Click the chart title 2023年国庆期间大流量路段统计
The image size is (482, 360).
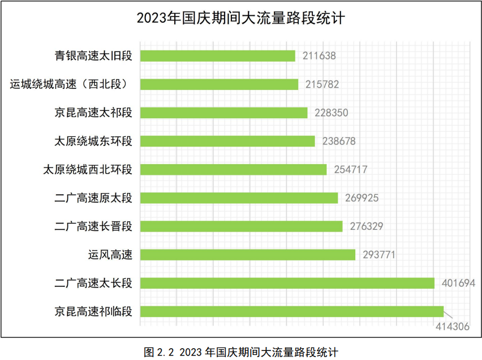coord(240,18)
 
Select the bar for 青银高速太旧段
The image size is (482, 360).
coord(218,56)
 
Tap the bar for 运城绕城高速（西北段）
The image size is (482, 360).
coord(219,84)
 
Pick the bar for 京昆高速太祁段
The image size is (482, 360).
coord(223,113)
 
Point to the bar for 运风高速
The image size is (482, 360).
coord(248,255)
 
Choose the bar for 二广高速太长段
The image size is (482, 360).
coord(287,283)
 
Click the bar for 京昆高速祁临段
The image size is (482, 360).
coord(291,311)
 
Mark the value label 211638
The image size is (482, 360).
coord(320,56)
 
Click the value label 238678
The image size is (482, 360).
coord(338,141)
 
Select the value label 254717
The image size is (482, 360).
coord(351,169)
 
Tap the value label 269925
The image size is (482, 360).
coord(362,198)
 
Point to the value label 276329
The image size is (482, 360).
coord(367,226)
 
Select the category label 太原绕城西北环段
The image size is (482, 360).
coord(88,169)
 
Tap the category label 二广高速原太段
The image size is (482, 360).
coord(93,198)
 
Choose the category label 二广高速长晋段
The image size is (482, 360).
coord(93,226)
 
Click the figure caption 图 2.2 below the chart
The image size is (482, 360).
coord(240,352)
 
